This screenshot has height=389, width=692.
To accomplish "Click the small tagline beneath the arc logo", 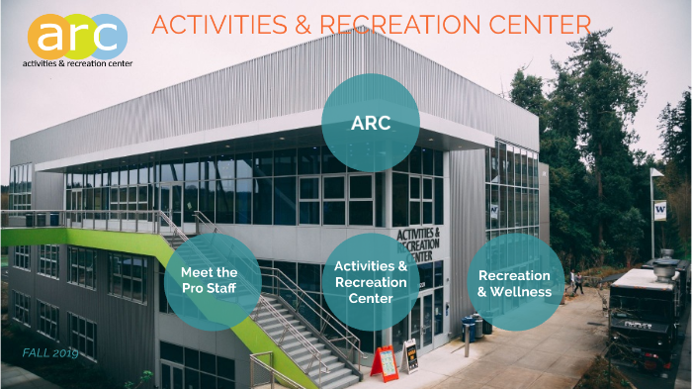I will [77, 62].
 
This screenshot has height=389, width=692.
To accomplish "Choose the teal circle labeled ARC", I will [371, 123].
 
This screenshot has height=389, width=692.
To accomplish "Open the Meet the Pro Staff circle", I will [213, 281].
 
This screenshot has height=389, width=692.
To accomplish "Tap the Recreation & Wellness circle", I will [515, 281].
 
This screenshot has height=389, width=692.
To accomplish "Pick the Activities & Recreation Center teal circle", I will [371, 281].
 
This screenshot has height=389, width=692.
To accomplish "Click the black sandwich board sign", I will [409, 354].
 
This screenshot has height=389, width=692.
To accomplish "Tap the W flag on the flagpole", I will [658, 210].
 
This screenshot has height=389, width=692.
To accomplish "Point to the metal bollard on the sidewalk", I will [466, 342].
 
